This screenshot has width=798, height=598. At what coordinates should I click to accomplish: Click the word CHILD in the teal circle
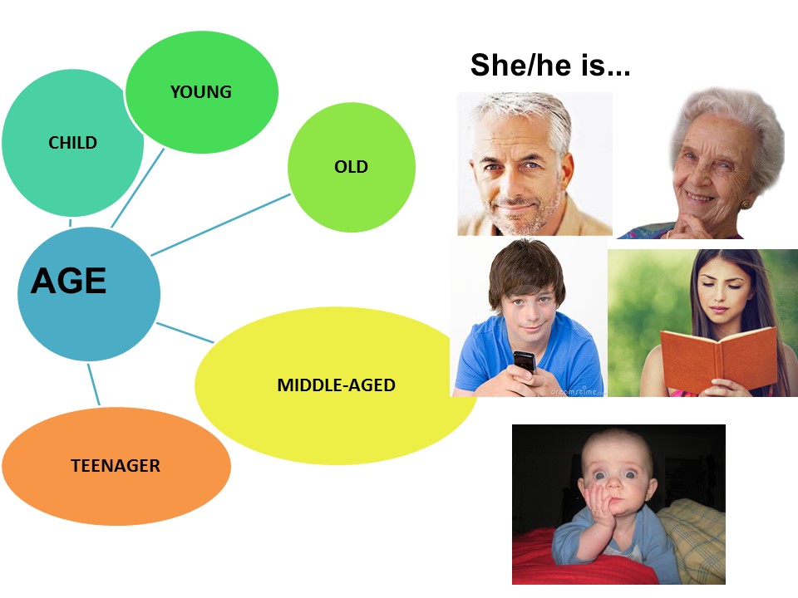pyautogui.click(x=73, y=143)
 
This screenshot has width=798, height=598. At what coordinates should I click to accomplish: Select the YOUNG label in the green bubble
pyautogui.click(x=201, y=92)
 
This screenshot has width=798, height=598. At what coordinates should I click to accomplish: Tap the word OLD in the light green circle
pyautogui.click(x=351, y=167)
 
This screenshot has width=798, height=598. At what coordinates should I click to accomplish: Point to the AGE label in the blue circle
pyautogui.click(x=69, y=281)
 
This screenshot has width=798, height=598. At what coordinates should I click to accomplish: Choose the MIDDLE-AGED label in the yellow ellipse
pyautogui.click(x=337, y=385)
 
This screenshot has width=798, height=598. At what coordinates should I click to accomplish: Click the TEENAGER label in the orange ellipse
pyautogui.click(x=116, y=466)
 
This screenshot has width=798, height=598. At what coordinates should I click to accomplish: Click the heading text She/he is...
pyautogui.click(x=550, y=65)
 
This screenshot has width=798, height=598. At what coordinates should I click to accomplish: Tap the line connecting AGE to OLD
pyautogui.click(x=221, y=224)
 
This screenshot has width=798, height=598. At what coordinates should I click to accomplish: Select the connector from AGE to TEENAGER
pyautogui.click(x=94, y=385)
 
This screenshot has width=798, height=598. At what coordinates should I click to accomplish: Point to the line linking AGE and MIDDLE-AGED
pyautogui.click(x=185, y=332)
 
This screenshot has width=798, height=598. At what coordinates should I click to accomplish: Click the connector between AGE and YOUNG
pyautogui.click(x=137, y=188)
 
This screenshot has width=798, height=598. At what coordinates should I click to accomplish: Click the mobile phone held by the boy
pyautogui.click(x=525, y=363)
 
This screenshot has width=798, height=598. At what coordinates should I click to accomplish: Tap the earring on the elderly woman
pyautogui.click(x=746, y=204)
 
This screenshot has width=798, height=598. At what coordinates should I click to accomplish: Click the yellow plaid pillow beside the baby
pyautogui.click(x=692, y=540)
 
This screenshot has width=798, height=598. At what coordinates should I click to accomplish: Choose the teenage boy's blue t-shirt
pyautogui.click(x=530, y=356)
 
